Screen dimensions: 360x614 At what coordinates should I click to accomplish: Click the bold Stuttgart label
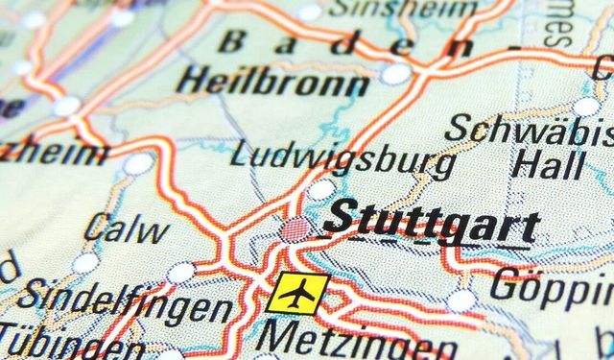click(x=431, y=223)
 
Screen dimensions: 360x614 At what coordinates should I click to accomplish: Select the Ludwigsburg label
click(x=342, y=156)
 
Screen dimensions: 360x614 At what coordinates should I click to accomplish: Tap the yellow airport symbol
click(x=297, y=292)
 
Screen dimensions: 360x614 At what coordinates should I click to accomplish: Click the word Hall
click(x=548, y=162)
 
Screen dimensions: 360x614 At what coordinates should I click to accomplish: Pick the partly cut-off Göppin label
click(x=552, y=285)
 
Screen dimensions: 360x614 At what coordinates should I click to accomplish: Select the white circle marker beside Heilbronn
click(x=394, y=74)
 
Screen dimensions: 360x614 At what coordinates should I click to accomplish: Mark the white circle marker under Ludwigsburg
click(x=320, y=189)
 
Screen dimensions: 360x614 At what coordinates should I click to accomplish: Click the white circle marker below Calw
click(x=85, y=262)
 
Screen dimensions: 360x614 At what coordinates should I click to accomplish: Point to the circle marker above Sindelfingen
click(x=180, y=274)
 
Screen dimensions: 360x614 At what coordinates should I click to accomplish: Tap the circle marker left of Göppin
click(x=461, y=300)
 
